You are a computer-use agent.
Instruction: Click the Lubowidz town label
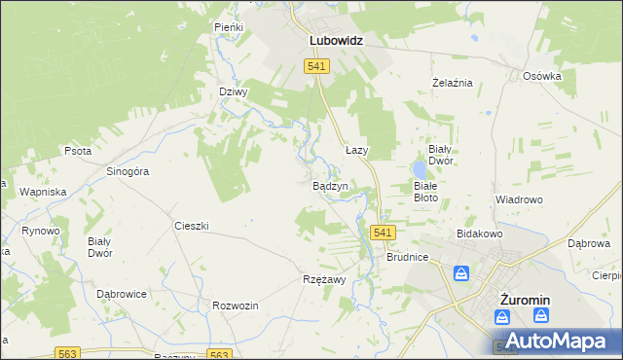pos(336,42)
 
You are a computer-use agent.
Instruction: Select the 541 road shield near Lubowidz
pos(316,65)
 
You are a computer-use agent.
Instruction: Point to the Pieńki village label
pos(229,28)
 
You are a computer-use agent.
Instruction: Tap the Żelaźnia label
pos(452,83)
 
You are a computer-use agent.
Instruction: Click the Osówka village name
pos(542,76)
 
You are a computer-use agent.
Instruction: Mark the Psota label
pos(78,152)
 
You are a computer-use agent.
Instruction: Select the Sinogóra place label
pos(127,171)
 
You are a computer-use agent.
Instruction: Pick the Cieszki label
pos(192,226)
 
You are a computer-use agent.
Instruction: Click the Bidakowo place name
pos(478,234)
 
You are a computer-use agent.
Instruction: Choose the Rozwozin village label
pos(235,306)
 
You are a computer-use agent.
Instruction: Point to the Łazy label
pos(356,151)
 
